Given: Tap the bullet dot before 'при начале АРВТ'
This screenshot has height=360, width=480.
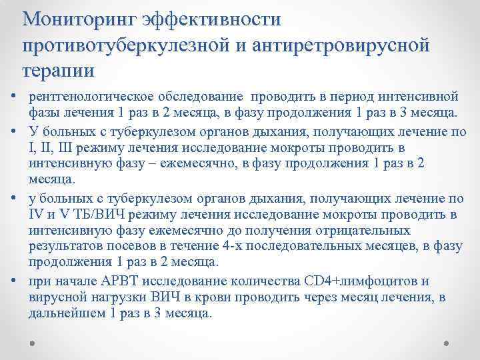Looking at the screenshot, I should point(13,279).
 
